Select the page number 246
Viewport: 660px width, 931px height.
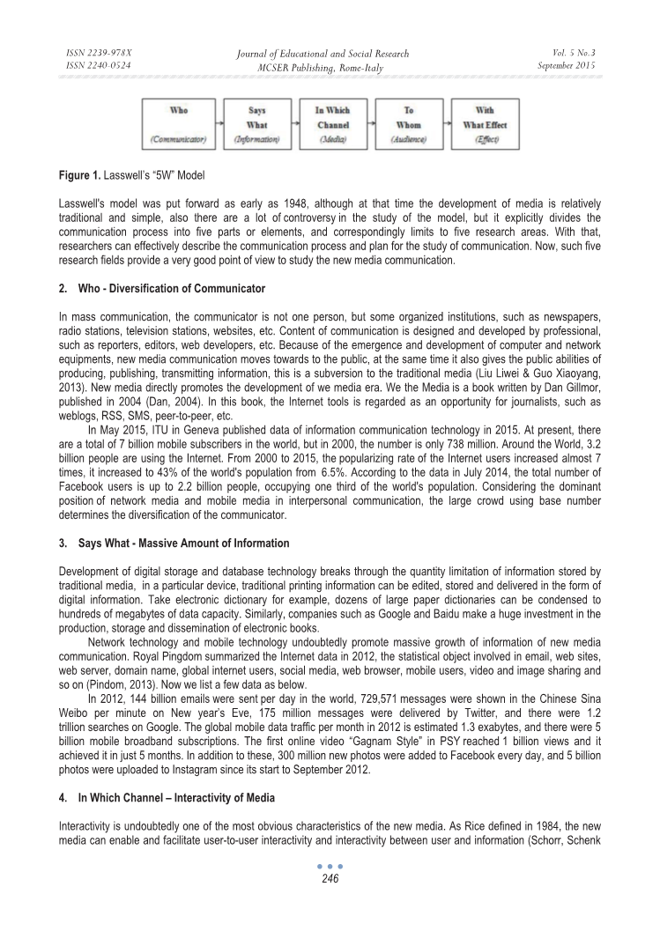pyautogui.click(x=330, y=878)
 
